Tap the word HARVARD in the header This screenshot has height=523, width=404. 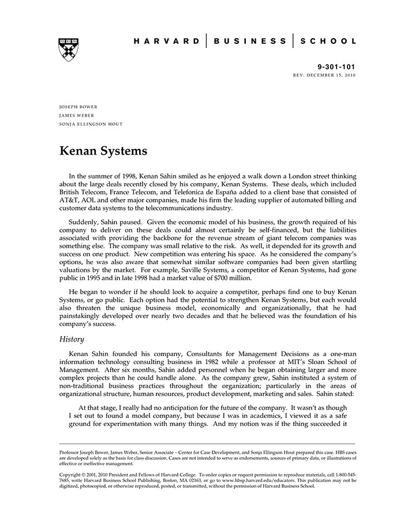click(167, 41)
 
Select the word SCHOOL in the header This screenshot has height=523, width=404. click(330, 41)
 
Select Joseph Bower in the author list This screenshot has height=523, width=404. click(78, 107)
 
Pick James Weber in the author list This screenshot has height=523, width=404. click(77, 115)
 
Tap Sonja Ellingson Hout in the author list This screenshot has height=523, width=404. click(91, 124)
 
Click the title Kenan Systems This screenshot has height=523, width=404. click(103, 152)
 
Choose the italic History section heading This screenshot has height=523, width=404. click(72, 339)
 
